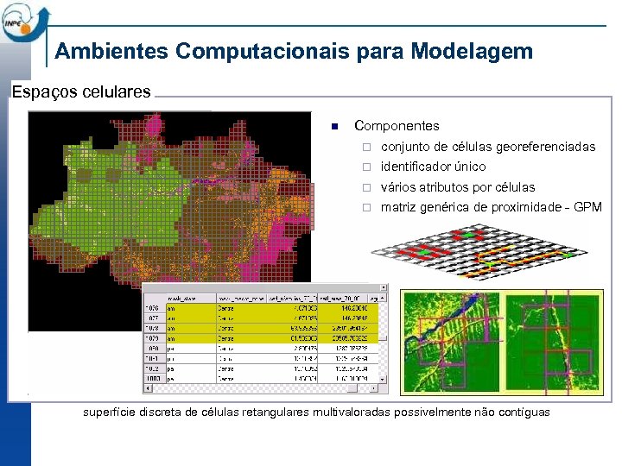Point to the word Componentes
397,126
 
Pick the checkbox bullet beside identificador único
365,167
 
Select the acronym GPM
588,207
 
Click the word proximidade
528,207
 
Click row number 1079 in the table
152,338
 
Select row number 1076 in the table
152,306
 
